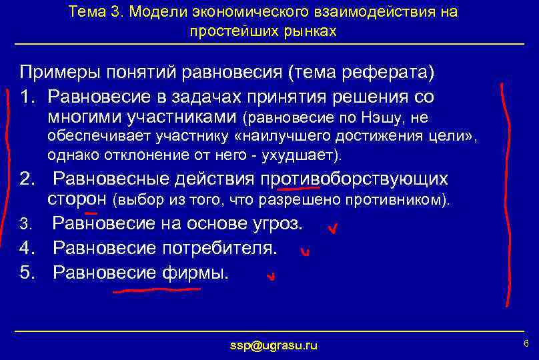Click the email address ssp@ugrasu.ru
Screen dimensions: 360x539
point(274,345)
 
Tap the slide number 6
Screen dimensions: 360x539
point(526,343)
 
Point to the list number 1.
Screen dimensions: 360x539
point(27,97)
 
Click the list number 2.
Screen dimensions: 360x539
point(27,179)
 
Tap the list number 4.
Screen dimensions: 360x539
point(27,249)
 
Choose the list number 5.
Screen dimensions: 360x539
point(27,272)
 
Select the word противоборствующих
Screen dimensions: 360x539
point(354,179)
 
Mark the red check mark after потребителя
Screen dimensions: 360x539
point(305,252)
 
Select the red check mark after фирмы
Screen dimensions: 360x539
point(270,276)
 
